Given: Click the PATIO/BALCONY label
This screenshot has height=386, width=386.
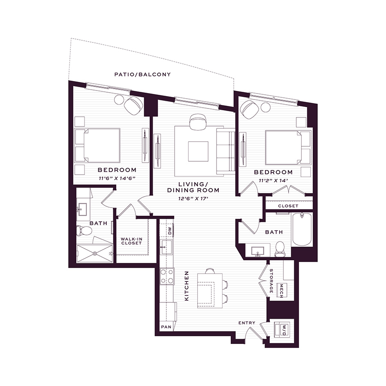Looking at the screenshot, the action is coord(142,74).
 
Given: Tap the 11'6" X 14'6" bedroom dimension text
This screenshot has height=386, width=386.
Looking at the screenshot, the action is coord(117,178).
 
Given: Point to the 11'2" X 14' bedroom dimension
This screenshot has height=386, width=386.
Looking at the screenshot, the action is coord(273,181).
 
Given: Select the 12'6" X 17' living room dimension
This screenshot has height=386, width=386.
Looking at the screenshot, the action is coord(193,199).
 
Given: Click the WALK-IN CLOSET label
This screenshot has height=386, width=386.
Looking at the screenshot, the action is coord(132,241).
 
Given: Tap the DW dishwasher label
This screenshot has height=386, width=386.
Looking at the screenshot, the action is coord(170,231).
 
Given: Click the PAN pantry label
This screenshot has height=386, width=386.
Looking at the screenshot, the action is coord(166,327).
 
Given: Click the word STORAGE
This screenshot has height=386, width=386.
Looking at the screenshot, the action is coord(271,281).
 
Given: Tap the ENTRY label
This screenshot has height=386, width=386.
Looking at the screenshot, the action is coord(247,323).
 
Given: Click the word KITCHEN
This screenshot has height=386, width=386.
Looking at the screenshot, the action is coord(187,286).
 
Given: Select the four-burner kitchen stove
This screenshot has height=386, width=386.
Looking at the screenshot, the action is coord(167,276).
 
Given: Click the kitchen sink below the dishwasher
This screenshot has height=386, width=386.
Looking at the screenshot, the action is coord(166,247).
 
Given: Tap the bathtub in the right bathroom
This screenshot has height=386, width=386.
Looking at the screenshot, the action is coord(302,229).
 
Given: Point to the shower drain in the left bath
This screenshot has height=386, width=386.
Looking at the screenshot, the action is coord(95,253).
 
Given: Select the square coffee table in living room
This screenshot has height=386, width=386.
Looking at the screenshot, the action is coord(198,151).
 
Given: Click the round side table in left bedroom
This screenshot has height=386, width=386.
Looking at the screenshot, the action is coord(119,100).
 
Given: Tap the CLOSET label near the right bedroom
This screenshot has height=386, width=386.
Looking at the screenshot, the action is coord(288,206).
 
